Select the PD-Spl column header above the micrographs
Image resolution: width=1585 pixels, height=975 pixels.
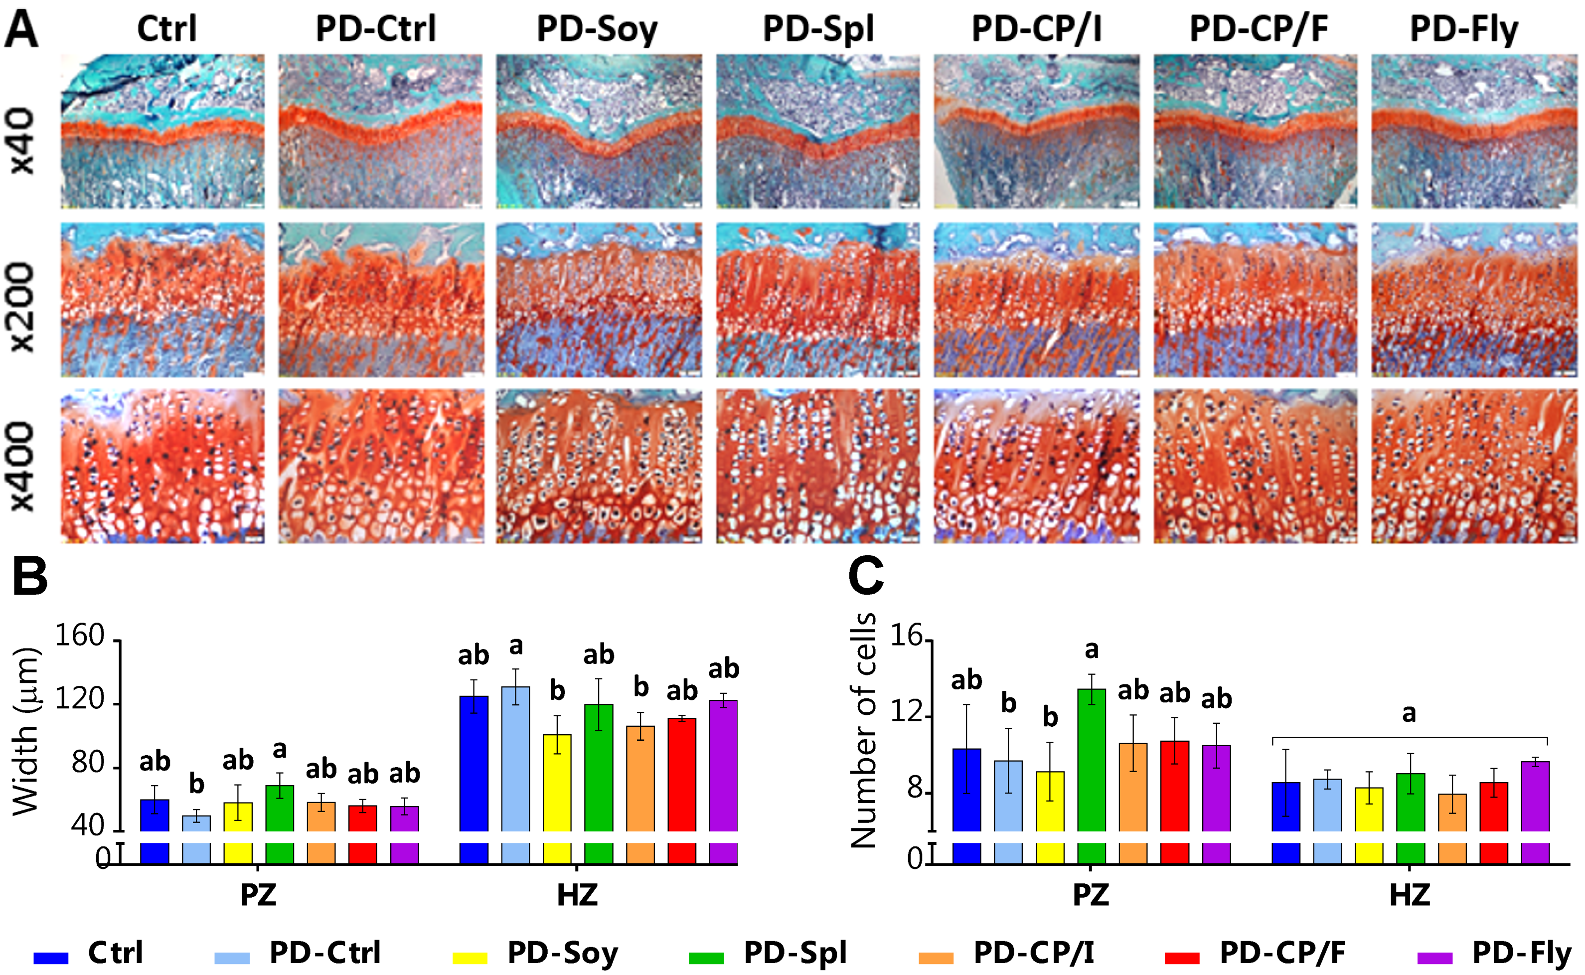818,29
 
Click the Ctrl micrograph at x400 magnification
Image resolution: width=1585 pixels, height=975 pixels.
162,466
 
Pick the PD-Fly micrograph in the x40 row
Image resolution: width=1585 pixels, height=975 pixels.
1473,131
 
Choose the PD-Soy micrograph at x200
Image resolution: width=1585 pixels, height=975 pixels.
599,300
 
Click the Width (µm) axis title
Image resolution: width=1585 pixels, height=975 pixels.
26,732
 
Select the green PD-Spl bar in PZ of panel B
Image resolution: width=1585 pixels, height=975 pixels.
279,808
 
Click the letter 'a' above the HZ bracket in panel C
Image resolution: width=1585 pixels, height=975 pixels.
1409,714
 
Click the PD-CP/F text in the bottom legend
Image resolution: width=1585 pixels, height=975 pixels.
1282,953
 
